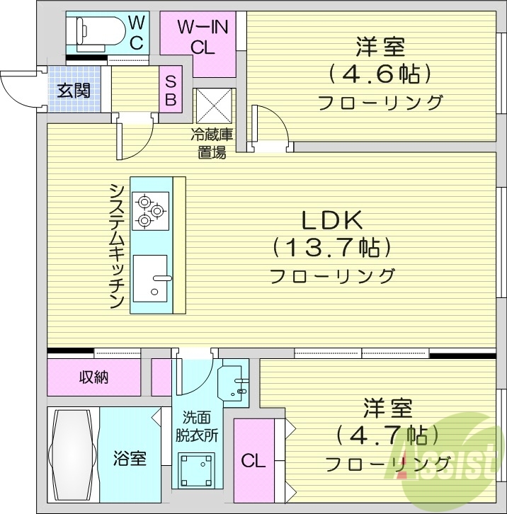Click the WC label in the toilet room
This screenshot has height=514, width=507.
click(137, 32)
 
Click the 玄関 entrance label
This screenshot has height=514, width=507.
click(74, 91)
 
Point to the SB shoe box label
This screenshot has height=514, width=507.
click(171, 90)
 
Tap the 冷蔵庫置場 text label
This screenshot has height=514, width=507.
click(212, 142)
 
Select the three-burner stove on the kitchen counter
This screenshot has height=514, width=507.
click(151, 210)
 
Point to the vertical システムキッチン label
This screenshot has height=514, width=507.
click(117, 245)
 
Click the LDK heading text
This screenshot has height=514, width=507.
click(332, 221)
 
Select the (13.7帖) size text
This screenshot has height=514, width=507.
click(332, 248)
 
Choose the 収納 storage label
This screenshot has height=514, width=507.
click(93, 377)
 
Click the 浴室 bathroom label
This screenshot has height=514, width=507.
click(130, 458)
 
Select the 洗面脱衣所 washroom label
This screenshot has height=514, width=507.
click(196, 426)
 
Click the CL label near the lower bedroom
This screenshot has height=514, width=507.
click(253, 462)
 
